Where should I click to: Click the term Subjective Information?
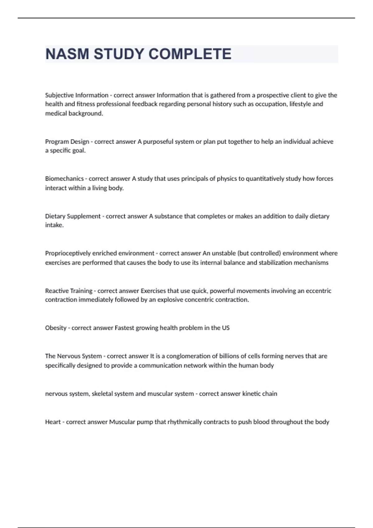pos(77,95)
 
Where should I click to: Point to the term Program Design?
pos(67,142)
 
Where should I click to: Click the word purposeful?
pos(158,142)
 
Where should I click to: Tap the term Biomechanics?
pos(64,179)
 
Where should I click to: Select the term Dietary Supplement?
pos(73,216)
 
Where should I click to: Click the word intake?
pos(54,225)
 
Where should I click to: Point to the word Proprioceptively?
pos(68,253)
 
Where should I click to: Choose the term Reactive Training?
pos(69,291)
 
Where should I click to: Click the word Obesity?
pos(56,328)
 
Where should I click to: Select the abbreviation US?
pos(226,328)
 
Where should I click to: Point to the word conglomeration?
pos(188,356)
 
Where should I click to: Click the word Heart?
pos(53,422)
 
